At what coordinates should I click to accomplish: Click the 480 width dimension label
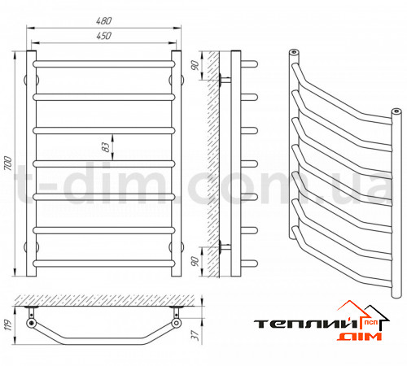pos(103,21)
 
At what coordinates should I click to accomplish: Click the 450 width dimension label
pos(103,36)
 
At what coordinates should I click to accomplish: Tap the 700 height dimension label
pos(8,163)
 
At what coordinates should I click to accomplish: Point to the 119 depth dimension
pos(8,325)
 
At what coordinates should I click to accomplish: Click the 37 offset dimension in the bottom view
pos(195,335)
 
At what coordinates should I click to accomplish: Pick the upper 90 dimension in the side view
pos(195,65)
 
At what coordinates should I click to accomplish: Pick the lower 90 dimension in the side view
pos(195,261)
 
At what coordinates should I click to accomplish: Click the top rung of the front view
pos(104,64)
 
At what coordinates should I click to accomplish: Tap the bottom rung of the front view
pos(104,264)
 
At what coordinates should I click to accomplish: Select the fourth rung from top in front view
pos(104,163)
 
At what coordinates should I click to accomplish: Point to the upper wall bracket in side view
pos(225,81)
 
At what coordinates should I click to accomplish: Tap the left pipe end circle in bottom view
pos(32,323)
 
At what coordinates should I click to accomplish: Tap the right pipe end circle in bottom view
pos(177,323)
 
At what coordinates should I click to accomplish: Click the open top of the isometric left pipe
pos(294,51)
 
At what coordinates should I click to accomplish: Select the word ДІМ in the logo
pos(359,337)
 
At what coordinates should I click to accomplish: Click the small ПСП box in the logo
pos(370,323)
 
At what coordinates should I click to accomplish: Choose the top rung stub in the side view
pos(249,64)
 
